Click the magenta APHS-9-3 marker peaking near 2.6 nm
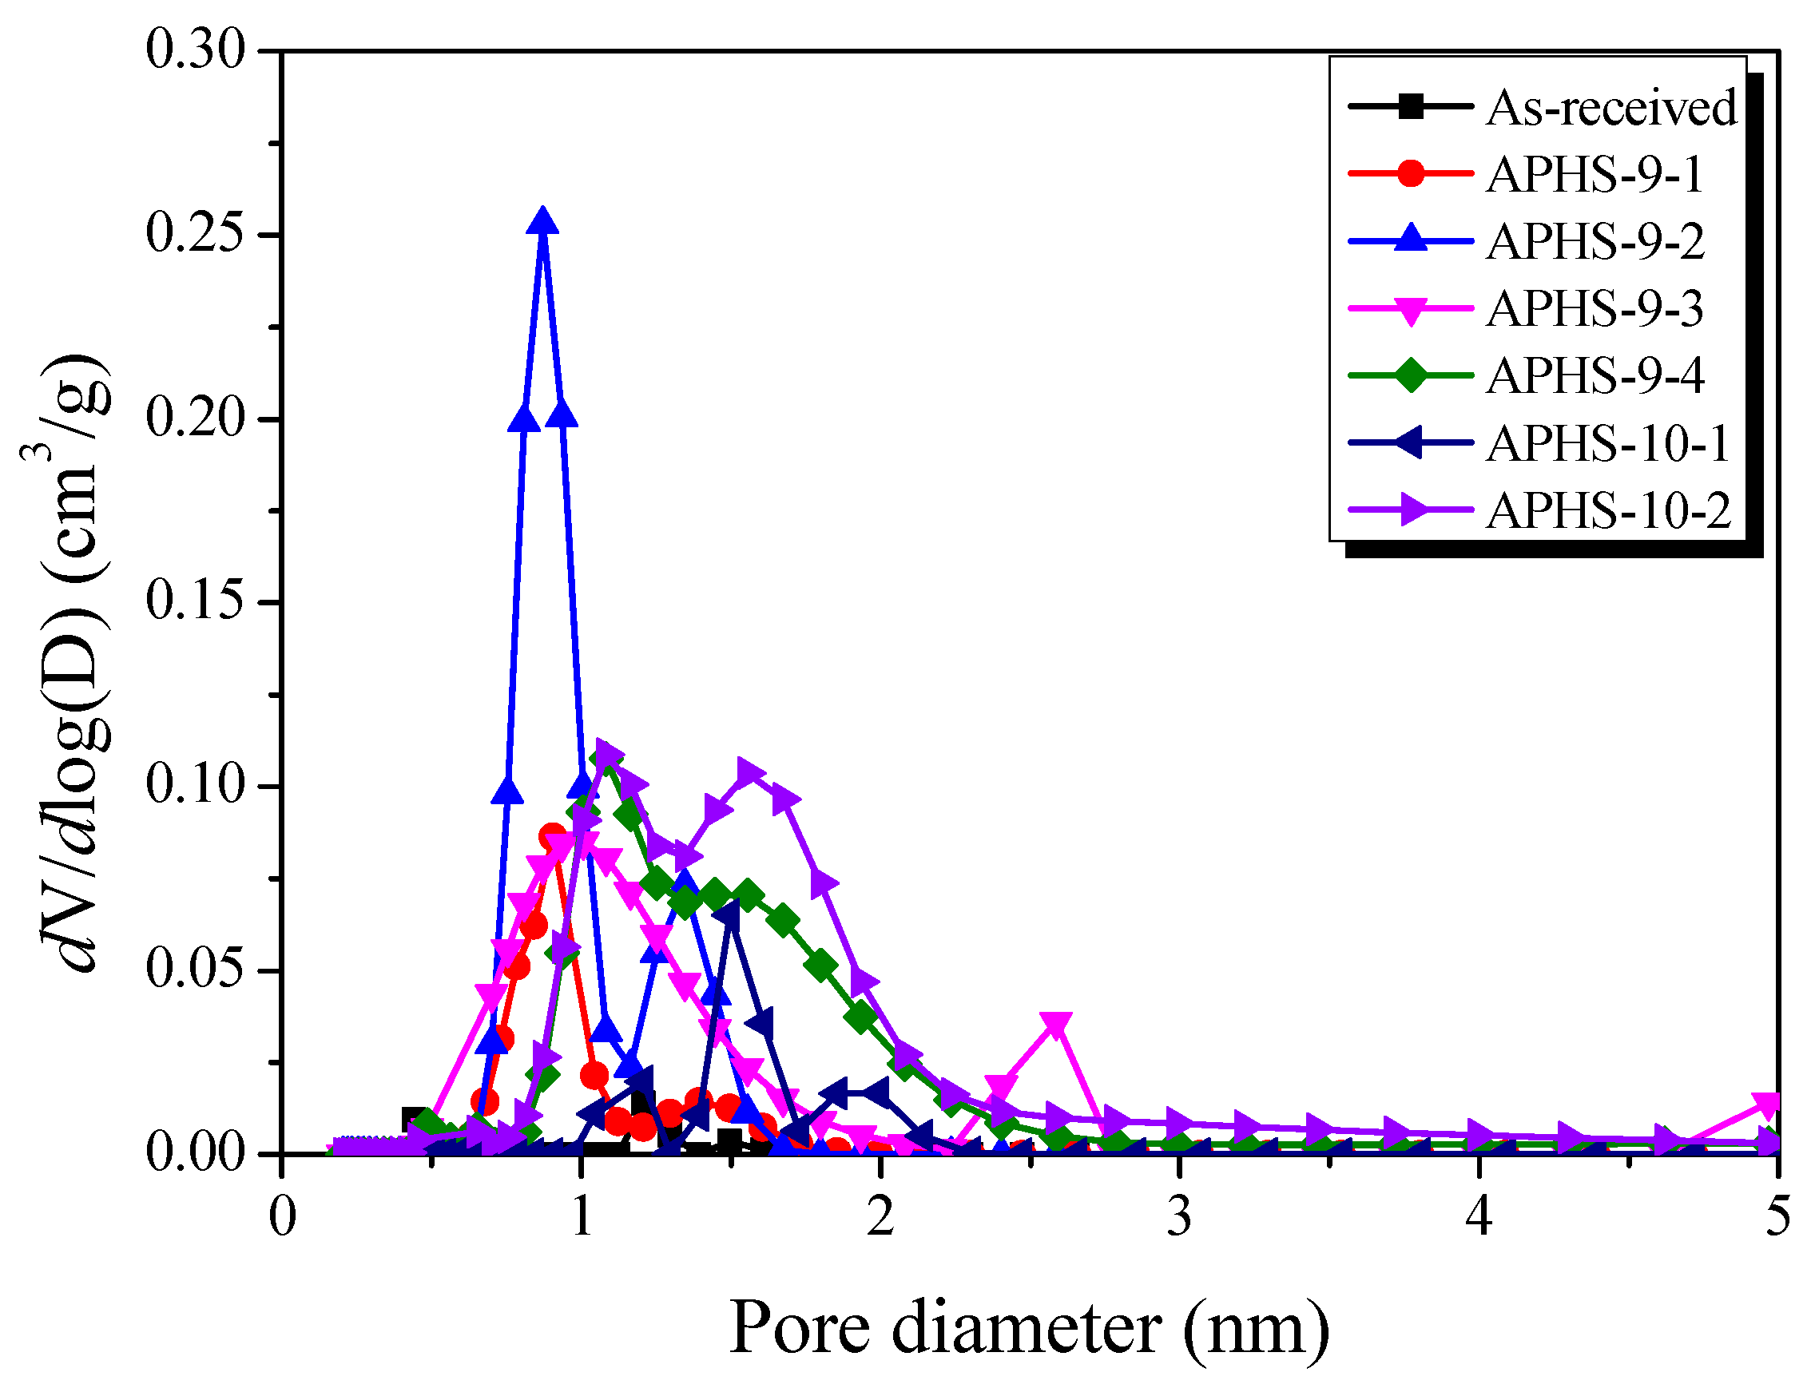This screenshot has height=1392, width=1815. (1054, 1025)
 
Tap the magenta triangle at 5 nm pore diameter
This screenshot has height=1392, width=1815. (1767, 1104)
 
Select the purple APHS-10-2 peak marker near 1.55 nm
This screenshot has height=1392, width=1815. (748, 772)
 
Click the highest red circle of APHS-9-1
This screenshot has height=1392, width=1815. (553, 837)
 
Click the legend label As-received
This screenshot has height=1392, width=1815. (1610, 108)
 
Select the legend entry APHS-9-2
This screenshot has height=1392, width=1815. (1595, 242)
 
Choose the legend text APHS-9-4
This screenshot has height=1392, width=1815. (1595, 376)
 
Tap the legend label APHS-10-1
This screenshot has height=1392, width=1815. (1607, 443)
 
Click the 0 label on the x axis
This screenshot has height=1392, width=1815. (283, 1216)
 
